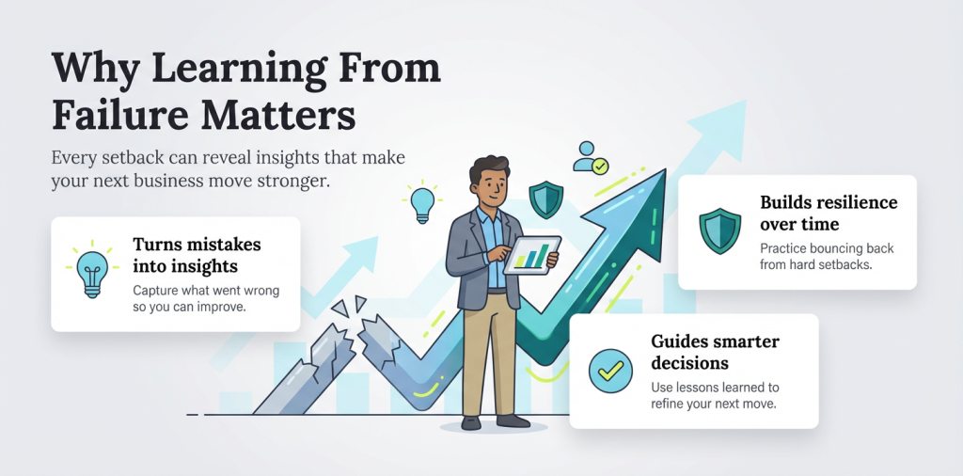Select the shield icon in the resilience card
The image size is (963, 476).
[x=719, y=231]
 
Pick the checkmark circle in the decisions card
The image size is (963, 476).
[x=611, y=371]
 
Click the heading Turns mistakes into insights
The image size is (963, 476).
[x=197, y=255]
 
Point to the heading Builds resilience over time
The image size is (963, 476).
[x=829, y=214]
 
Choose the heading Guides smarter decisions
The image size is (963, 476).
[x=715, y=352]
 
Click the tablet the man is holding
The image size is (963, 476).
[x=530, y=255]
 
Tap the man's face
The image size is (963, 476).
[x=488, y=184]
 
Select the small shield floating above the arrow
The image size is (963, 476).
[x=545, y=199]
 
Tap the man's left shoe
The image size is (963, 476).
[x=470, y=422]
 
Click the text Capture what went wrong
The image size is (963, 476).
[x=205, y=290]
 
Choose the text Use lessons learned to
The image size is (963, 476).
[x=715, y=387]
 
